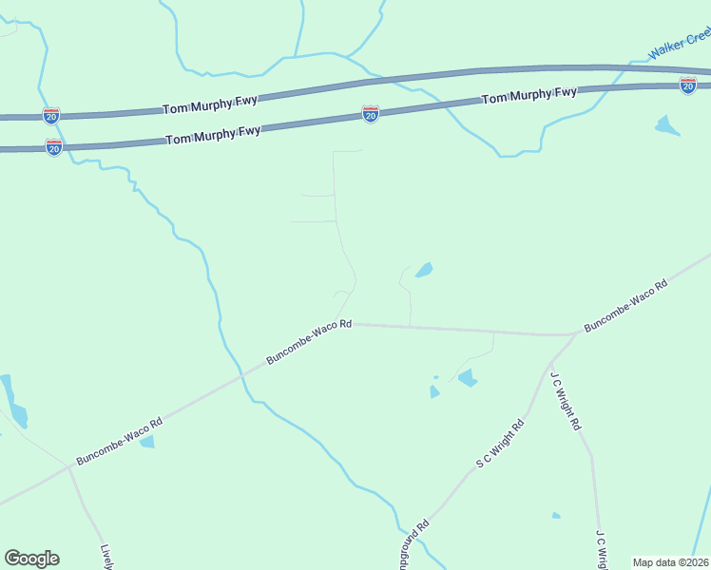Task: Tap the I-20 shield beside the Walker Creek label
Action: [x=687, y=85]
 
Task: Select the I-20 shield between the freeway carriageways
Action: [x=371, y=114]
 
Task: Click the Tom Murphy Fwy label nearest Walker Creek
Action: [x=528, y=96]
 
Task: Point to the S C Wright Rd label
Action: [x=500, y=445]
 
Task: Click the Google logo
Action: [x=31, y=559]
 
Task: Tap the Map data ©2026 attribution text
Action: [x=670, y=562]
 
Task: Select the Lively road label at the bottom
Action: [x=107, y=557]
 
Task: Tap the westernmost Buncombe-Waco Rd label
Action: [x=119, y=442]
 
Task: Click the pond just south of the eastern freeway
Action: [x=667, y=125]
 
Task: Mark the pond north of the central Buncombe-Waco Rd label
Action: [x=423, y=271]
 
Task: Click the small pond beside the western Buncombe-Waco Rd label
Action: [x=146, y=442]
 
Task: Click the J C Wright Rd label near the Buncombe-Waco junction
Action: [x=565, y=401]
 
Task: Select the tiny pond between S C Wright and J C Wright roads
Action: [x=556, y=516]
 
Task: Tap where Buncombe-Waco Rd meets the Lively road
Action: [x=69, y=466]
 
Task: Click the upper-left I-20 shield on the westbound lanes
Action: [x=51, y=116]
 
